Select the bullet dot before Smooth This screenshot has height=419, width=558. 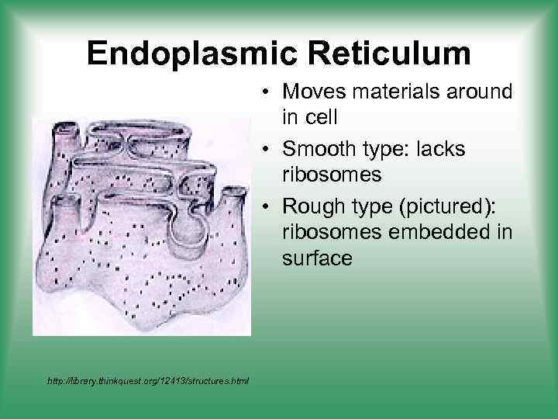point(265,149)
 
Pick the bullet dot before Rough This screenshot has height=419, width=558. point(265,205)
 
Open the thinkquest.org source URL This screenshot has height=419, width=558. point(147,381)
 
